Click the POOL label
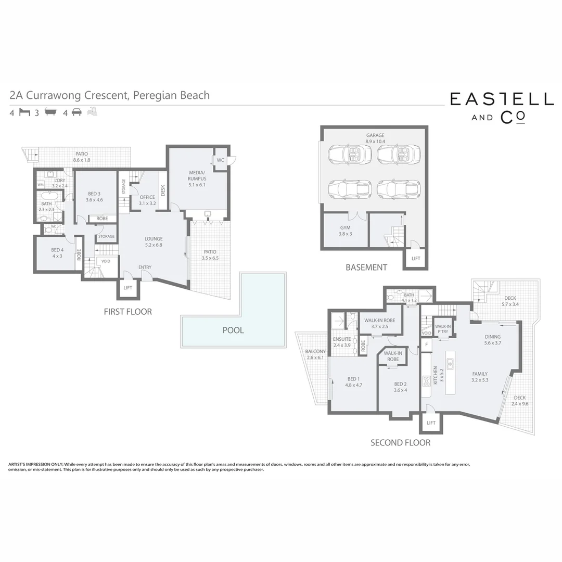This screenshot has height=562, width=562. [x=233, y=330]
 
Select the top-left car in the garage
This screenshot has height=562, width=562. [x=350, y=154]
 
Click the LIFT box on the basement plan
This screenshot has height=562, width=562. [x=416, y=259]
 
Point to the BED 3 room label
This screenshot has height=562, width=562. [x=95, y=196]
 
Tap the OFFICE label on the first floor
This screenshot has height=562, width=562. [x=147, y=200]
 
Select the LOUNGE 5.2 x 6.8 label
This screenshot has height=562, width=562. [x=154, y=242]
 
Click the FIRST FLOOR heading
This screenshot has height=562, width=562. [x=127, y=312]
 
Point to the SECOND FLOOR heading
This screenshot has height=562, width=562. [x=400, y=443]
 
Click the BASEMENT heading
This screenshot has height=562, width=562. [x=366, y=267]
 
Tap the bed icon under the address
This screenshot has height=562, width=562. [x=24, y=112]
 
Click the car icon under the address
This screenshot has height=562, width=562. [x=76, y=112]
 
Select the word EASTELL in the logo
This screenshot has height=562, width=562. [x=502, y=99]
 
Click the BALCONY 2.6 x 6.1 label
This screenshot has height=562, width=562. [x=315, y=354]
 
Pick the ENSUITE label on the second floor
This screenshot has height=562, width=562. [x=342, y=342]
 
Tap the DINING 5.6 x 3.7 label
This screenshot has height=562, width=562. [x=492, y=339]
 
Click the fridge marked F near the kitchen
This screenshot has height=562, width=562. [x=426, y=344]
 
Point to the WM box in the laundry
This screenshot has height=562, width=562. [x=41, y=185]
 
